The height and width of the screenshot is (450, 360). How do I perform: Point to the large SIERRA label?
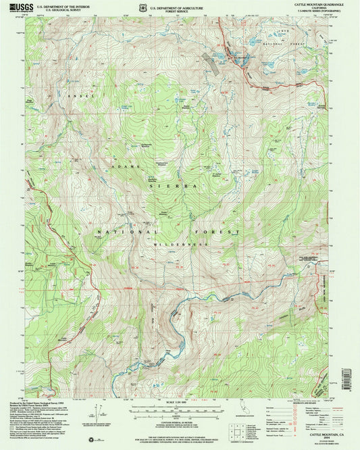pyautogui.click(x=182, y=184)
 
